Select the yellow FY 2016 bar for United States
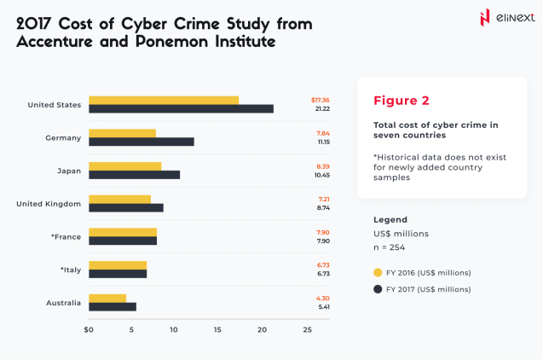coord(164,100)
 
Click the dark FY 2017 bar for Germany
coord(142,142)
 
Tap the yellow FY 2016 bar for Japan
coord(124,165)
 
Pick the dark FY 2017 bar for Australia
coord(113,306)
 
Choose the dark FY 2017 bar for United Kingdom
coord(126,207)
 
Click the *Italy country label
coord(70,270)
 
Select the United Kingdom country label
coord(49,203)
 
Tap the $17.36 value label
coord(321,100)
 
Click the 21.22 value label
coord(321,109)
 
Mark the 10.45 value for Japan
coord(322,175)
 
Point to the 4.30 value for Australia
coord(322,297)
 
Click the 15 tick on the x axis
coord(218,328)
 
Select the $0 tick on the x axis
coord(89,328)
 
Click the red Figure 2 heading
coord(401,101)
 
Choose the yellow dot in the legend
coord(378,272)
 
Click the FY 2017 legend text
coord(428,289)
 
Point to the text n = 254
coord(389,247)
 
